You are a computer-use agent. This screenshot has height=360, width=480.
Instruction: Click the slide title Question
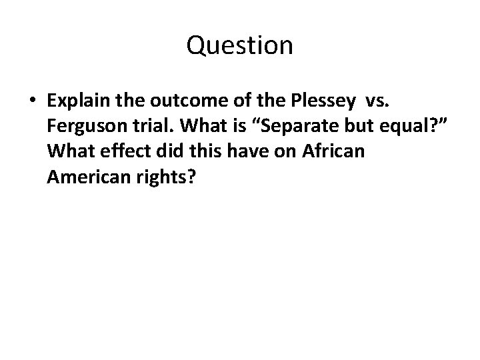point(239,45)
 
